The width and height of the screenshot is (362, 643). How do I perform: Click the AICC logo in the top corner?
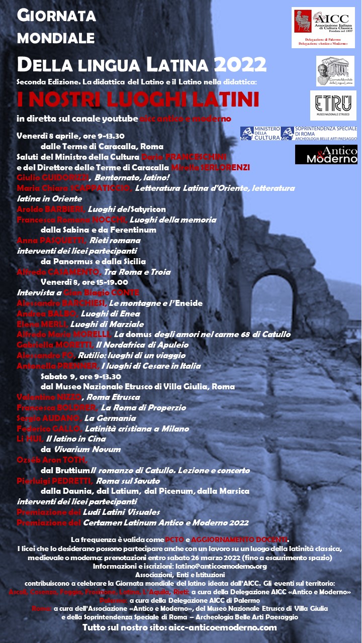coord(323,28)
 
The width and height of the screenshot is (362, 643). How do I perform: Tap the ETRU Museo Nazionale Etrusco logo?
coord(333,105)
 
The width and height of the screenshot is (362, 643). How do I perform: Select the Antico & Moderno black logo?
coord(326,154)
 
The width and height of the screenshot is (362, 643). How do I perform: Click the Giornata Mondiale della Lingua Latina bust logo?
coord(335,71)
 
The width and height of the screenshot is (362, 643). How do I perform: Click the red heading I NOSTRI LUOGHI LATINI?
coord(138,99)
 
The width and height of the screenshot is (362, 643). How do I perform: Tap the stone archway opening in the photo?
coord(271,306)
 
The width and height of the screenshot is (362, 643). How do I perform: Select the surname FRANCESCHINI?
coord(198,157)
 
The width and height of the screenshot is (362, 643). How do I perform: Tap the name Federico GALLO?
coord(49,428)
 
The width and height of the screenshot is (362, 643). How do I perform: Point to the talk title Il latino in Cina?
coord(81,439)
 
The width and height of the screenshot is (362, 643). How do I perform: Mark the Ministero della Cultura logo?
coord(260,133)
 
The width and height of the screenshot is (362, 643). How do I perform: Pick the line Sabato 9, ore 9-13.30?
coord(83,376)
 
